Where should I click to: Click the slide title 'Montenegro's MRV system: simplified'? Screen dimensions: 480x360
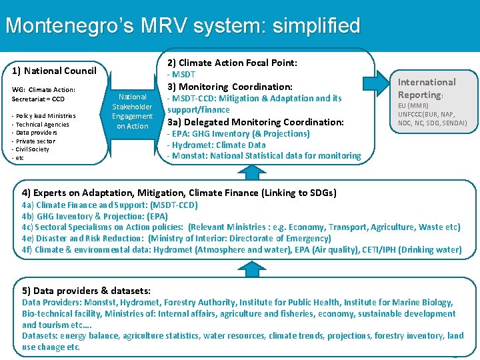point(182,26)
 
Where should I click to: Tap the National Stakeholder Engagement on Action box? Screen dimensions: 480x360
point(132,111)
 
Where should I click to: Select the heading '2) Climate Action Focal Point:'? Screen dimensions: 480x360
point(232,63)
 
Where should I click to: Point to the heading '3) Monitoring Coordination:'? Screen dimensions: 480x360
point(229,87)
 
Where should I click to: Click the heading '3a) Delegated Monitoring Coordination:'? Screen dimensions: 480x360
point(255,122)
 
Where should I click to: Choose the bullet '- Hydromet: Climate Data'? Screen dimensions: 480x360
point(216,145)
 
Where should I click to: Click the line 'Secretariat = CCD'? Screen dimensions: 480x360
point(38,99)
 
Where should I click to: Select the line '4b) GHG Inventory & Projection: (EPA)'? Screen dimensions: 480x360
point(95,216)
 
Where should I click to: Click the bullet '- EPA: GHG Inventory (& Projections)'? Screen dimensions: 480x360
point(238,133)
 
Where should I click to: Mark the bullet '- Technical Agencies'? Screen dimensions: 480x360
point(41,125)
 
